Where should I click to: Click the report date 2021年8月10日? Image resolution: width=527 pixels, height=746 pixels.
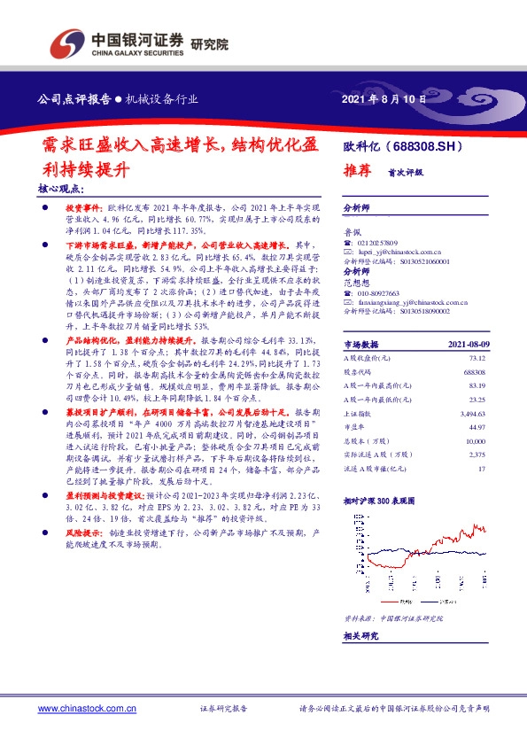(383, 99)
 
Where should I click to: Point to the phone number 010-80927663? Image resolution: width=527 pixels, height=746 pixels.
(380, 292)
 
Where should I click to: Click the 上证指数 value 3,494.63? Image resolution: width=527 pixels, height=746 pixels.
(473, 412)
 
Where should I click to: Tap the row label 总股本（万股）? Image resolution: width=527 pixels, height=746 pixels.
(367, 439)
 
